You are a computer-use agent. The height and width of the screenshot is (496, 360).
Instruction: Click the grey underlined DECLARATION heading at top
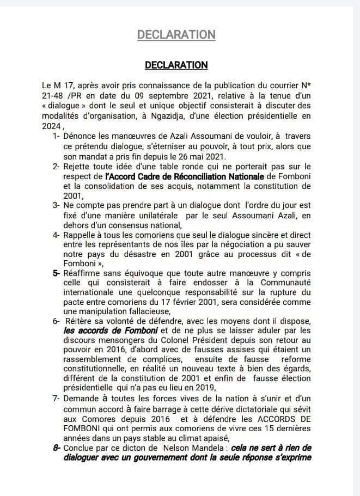[176, 34]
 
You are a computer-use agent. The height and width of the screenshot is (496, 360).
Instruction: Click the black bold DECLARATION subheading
[176, 65]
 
